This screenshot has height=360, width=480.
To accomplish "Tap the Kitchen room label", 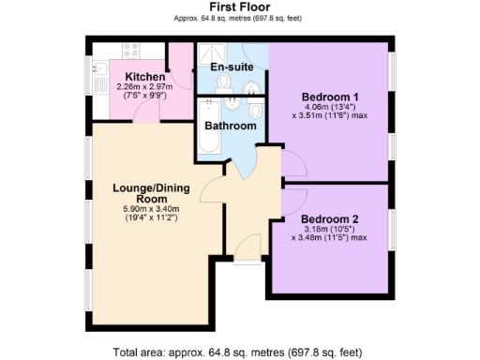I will (x=138, y=76).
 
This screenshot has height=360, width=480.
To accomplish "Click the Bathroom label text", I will (x=231, y=126).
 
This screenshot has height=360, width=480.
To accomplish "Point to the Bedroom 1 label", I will (x=329, y=97).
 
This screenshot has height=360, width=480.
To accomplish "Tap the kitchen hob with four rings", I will (x=127, y=52).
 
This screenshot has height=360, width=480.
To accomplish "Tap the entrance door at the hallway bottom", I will (x=247, y=248).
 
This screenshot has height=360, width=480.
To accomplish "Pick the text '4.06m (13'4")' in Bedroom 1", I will (x=330, y=108).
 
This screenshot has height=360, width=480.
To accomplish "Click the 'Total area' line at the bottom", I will (x=237, y=352).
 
